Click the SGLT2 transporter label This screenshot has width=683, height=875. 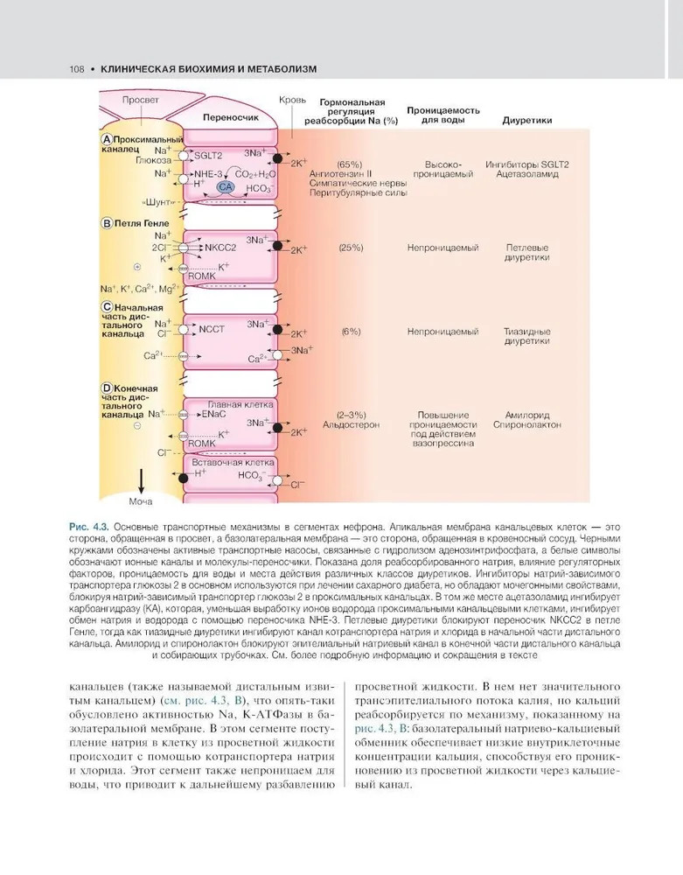click(208, 155)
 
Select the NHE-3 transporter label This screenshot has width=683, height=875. click(209, 175)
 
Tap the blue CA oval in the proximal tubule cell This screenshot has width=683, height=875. click(226, 187)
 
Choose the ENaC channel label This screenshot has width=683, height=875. click(214, 414)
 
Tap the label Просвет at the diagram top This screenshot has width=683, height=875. click(141, 100)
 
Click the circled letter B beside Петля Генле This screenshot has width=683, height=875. click(107, 223)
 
